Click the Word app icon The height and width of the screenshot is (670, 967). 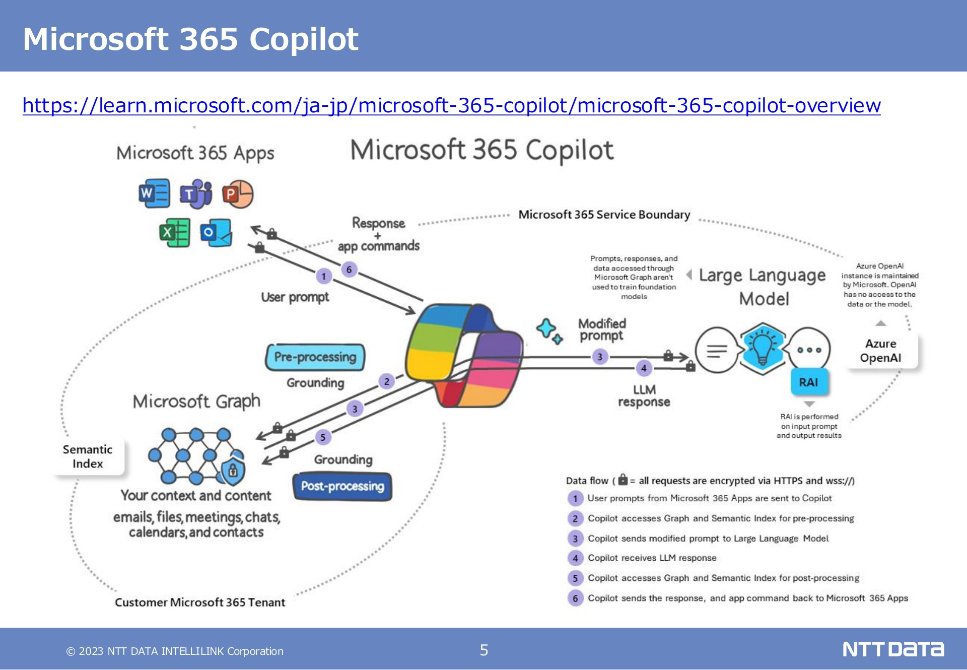tap(154, 193)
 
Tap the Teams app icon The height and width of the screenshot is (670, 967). tap(196, 193)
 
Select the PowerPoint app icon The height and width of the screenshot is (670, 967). tap(238, 194)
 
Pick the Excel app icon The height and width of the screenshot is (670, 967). tap(175, 232)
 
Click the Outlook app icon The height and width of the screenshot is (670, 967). tap(216, 232)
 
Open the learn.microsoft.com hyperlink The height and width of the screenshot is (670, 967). tap(451, 105)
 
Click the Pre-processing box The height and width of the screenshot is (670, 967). tap(315, 357)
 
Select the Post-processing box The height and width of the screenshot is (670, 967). tap(342, 487)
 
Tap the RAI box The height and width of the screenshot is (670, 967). tap(809, 382)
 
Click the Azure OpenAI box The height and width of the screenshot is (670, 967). tap(881, 351)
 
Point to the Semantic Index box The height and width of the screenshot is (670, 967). tap(88, 456)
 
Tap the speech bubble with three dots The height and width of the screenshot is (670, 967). tap(809, 350)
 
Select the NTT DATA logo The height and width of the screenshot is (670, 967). tap(893, 649)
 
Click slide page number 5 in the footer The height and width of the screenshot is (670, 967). tap(484, 650)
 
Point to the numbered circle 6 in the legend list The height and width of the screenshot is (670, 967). tap(575, 598)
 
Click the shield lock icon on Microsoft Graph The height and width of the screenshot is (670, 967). tap(233, 471)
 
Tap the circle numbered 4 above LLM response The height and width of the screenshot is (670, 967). tap(644, 368)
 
